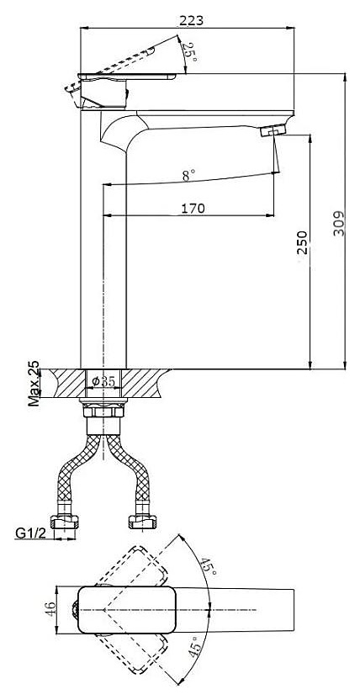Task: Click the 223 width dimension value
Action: [x=191, y=20]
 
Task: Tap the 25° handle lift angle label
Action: [x=189, y=52]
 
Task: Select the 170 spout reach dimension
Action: [x=193, y=208]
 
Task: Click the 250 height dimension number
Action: [x=303, y=242]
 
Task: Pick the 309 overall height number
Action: [x=339, y=223]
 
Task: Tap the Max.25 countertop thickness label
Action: [x=34, y=383]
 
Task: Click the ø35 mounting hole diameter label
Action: [x=103, y=381]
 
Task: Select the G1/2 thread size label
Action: [x=31, y=533]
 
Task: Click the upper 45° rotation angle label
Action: [x=209, y=566]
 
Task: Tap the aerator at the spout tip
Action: [x=273, y=130]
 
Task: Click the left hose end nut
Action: [x=64, y=521]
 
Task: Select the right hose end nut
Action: [x=142, y=521]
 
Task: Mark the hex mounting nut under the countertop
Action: [x=103, y=411]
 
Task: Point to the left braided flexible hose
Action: [x=78, y=469]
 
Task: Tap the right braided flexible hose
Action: [x=129, y=469]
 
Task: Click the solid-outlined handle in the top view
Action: [x=125, y=609]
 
